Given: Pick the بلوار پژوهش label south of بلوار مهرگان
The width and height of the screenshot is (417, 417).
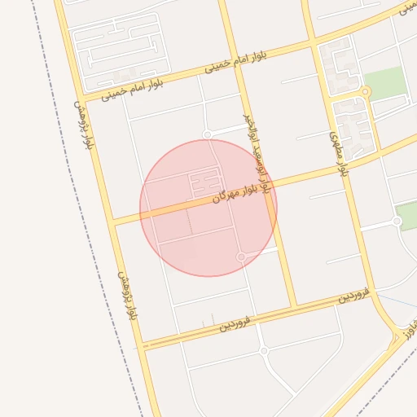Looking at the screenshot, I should pos(125,295).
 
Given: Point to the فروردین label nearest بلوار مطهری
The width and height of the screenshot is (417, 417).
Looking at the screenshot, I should pos(354,295).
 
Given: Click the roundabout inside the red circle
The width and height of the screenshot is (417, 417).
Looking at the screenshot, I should pos(241,257).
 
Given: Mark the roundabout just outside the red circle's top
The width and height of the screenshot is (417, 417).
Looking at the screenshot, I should pos(208,134).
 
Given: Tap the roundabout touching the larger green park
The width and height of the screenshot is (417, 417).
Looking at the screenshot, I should pos(366,92).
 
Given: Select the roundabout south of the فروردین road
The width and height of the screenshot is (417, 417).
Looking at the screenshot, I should pos(264,351).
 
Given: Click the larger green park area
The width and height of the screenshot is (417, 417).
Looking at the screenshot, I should pos(384,82).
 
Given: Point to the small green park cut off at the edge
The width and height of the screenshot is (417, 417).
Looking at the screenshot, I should pos(406,214).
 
